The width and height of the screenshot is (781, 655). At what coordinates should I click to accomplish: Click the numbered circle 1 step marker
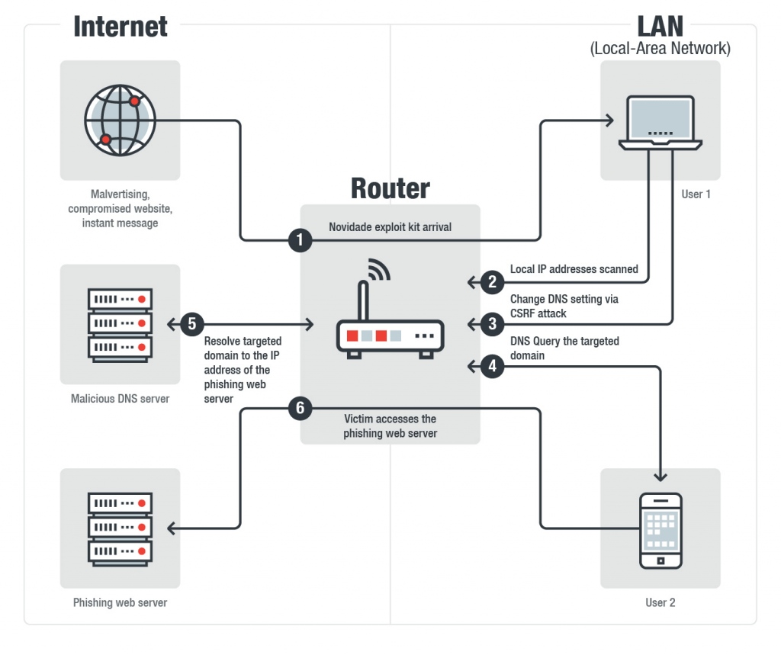pyautogui.click(x=300, y=241)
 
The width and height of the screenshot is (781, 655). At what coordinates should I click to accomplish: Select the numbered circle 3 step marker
pyautogui.click(x=493, y=324)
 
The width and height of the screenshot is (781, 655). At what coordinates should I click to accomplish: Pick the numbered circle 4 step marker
pyautogui.click(x=493, y=367)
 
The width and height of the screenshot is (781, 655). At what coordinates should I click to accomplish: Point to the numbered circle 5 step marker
pyautogui.click(x=191, y=324)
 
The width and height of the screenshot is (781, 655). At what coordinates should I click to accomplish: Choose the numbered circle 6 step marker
pyautogui.click(x=300, y=409)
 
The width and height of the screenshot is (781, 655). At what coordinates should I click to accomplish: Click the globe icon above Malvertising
pyautogui.click(x=120, y=121)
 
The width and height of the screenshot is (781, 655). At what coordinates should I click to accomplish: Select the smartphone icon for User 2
pyautogui.click(x=660, y=530)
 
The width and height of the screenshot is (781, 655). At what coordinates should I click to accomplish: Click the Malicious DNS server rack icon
pyautogui.click(x=121, y=324)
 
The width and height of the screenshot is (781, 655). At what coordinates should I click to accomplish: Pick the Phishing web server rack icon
pyautogui.click(x=121, y=528)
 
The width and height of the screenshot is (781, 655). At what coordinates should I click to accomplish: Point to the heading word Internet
pyautogui.click(x=121, y=27)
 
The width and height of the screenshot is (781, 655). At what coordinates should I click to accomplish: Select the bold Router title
pyautogui.click(x=390, y=188)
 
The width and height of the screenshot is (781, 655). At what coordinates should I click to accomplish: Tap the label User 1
pyautogui.click(x=696, y=194)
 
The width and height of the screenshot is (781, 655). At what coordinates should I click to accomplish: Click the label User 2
pyautogui.click(x=660, y=602)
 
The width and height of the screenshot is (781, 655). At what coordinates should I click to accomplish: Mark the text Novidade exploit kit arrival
pyautogui.click(x=390, y=227)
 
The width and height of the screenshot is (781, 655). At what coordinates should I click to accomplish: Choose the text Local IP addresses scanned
pyautogui.click(x=574, y=269)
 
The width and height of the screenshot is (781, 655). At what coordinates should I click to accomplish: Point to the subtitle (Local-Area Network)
pyautogui.click(x=660, y=49)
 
